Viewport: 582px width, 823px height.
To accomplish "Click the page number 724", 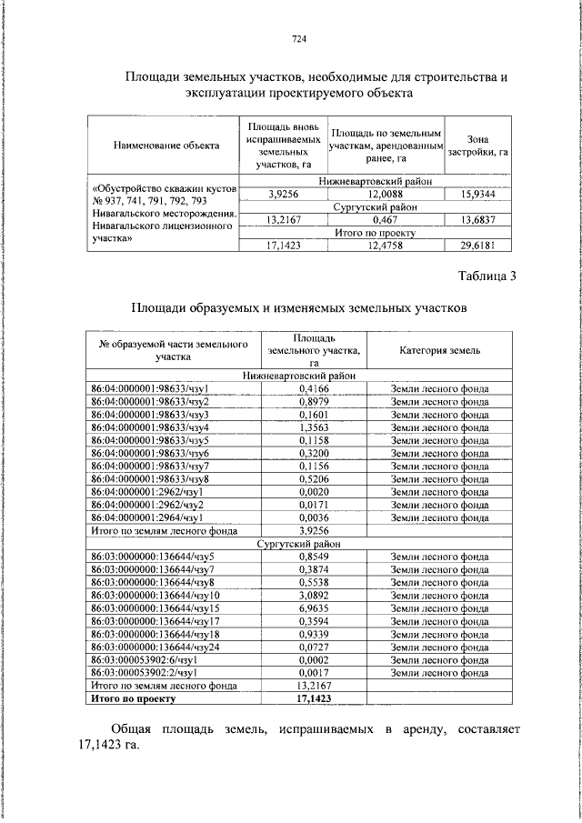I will [x=297, y=38].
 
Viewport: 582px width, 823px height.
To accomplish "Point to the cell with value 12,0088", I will [x=386, y=194].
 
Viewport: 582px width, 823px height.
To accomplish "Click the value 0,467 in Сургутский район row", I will [x=386, y=219].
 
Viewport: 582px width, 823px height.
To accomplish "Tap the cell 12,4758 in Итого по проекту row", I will [x=386, y=245].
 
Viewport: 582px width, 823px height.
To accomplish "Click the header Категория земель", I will [x=439, y=350].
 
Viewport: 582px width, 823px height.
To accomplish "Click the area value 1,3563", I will [x=313, y=427].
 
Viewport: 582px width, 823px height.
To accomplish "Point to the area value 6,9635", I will [x=313, y=607].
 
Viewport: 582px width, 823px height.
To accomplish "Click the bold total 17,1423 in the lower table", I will [x=313, y=698].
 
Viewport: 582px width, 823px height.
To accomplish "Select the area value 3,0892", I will [x=313, y=595].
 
